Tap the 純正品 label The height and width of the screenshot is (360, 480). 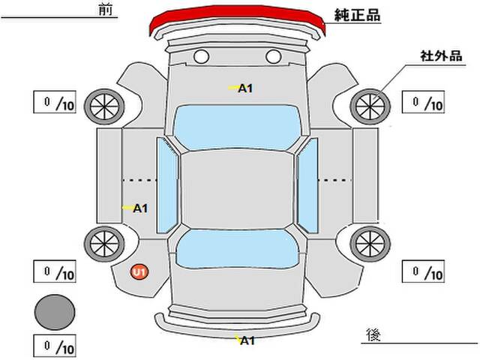(357, 15)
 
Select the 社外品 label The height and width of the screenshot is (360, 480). (441, 56)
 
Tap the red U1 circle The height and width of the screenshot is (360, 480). (139, 271)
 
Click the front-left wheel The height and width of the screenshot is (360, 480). (104, 106)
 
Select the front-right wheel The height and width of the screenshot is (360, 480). (370, 106)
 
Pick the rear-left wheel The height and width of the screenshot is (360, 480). (104, 244)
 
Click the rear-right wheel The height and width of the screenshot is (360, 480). (370, 244)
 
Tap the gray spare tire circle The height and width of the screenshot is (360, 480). (55, 312)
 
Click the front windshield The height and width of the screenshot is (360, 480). (238, 127)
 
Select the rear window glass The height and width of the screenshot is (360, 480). (238, 248)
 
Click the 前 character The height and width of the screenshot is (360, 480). (105, 10)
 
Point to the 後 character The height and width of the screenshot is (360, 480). (373, 334)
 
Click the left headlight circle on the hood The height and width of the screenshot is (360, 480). (202, 57)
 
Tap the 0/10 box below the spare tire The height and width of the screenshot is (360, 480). (55, 346)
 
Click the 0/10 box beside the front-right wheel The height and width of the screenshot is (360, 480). (423, 102)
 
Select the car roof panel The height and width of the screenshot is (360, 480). (238, 190)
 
